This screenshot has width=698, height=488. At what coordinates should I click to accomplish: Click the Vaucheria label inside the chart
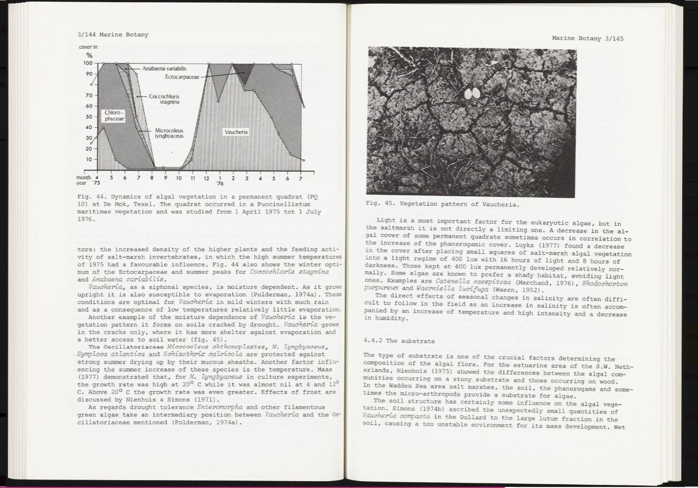click(x=235, y=132)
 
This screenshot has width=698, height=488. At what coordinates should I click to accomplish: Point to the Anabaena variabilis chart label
click(x=164, y=68)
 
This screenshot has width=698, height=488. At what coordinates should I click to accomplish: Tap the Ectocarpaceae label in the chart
click(x=182, y=77)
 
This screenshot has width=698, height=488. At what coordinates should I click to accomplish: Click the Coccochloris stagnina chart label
click(x=164, y=99)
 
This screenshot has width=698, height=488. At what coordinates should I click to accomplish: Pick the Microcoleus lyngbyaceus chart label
click(x=169, y=133)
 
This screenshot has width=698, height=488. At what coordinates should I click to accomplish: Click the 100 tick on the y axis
click(x=88, y=63)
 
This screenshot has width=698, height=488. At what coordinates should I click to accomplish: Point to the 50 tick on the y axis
click(x=89, y=117)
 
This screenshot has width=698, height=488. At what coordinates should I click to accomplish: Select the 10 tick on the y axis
click(x=89, y=159)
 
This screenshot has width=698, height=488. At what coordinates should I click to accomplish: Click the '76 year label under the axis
click(x=220, y=184)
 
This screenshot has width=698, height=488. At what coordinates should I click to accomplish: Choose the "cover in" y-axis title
click(x=88, y=47)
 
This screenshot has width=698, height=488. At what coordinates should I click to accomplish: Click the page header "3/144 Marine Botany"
click(x=112, y=35)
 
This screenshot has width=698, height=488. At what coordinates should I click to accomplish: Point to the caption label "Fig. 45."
click(x=380, y=203)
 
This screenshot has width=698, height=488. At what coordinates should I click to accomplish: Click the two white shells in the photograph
click(x=472, y=94)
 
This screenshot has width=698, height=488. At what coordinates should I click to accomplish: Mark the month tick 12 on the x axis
click(x=206, y=178)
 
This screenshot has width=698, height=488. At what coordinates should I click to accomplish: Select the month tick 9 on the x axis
click(x=165, y=178)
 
